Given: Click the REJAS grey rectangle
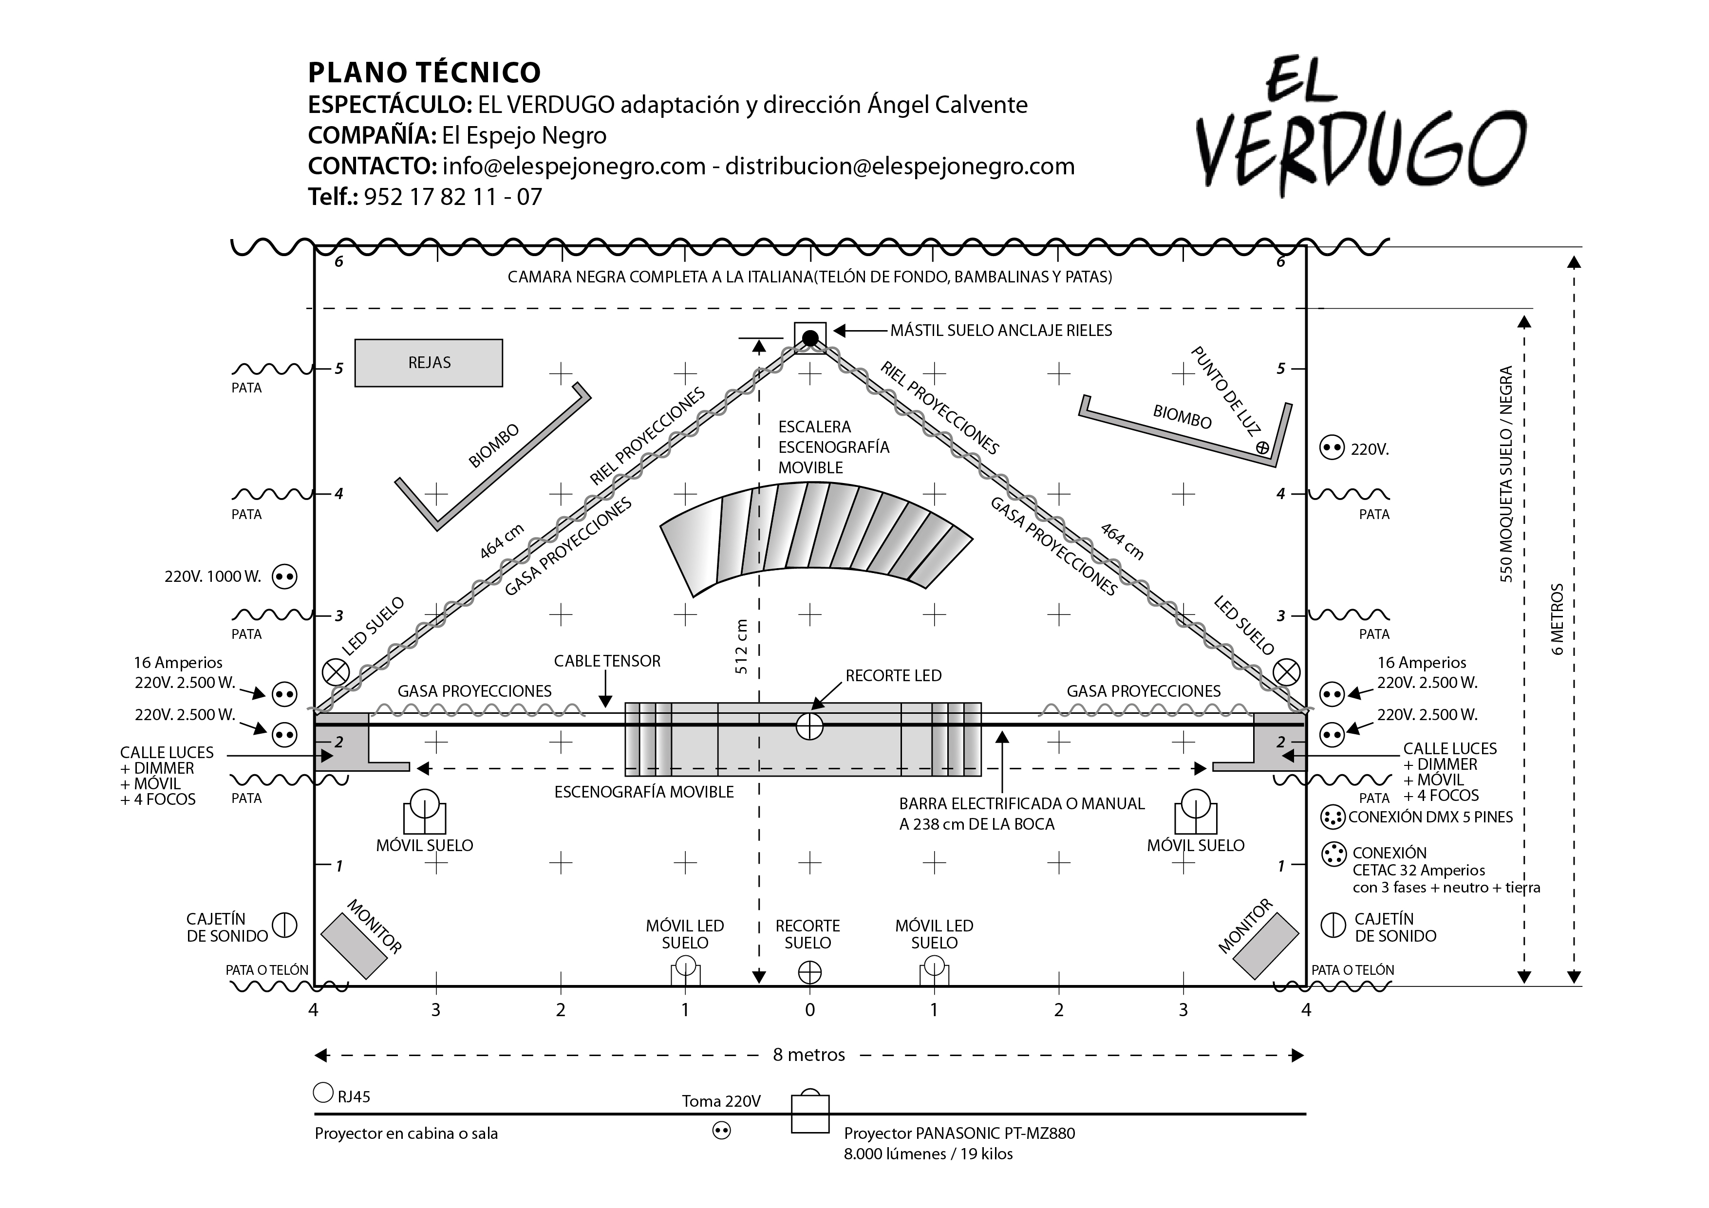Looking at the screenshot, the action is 429,363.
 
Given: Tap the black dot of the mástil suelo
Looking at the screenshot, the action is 810,339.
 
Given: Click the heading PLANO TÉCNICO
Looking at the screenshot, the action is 424,72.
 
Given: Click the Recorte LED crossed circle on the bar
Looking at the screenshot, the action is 810,725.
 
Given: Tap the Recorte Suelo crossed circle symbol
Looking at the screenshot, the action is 810,972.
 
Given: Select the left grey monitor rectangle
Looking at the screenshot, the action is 354,945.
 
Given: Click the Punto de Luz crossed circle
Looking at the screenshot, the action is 1262,447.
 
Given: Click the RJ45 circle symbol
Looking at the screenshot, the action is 323,1093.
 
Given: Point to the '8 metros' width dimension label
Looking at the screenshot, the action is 809,1055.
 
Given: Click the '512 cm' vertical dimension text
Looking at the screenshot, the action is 741,646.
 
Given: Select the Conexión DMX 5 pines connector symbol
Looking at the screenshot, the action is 1333,817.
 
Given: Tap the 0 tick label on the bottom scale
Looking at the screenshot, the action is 810,1010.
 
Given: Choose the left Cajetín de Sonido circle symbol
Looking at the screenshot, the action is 284,925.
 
